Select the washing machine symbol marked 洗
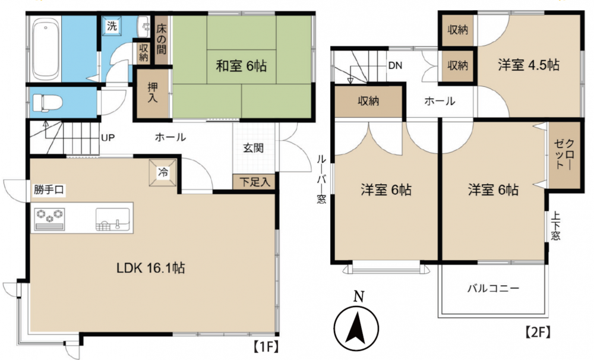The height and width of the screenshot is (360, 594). [112, 26]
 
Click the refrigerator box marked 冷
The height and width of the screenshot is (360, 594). [163, 173]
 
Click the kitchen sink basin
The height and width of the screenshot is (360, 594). [112, 219]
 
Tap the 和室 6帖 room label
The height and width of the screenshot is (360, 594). [241, 66]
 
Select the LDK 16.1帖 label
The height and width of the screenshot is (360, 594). [150, 269]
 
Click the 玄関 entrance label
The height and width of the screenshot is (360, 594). [254, 148]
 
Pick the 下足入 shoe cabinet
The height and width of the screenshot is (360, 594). [255, 182]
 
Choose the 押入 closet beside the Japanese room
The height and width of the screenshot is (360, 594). [153, 93]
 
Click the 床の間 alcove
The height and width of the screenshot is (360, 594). [161, 40]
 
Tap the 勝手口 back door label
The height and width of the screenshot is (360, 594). [49, 190]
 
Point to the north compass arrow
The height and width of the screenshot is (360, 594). [356, 327]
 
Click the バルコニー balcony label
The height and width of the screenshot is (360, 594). [493, 289]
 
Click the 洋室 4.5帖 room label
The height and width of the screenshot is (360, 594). [529, 65]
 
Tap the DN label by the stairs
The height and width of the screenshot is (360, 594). [395, 65]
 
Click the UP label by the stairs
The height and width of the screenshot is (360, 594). [108, 137]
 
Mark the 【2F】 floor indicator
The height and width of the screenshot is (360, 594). [537, 332]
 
